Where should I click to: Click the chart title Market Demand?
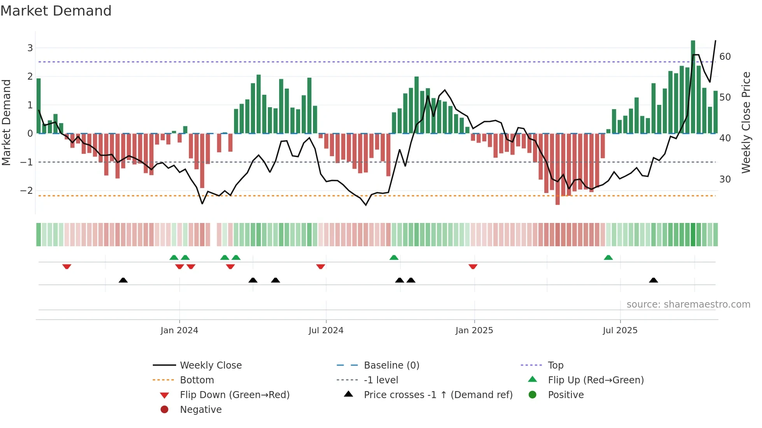point(56,11)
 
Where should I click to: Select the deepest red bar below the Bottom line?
point(558,169)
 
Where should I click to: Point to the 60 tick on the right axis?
point(725,57)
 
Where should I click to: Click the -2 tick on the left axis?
point(26,190)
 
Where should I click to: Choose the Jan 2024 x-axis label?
point(179,331)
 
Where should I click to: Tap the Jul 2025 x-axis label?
point(620,331)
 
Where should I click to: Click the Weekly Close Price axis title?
point(746,122)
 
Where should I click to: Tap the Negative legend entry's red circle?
point(164,409)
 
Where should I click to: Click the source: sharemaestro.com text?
point(688,304)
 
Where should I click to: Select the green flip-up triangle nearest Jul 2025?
point(608,257)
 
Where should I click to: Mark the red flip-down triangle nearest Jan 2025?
point(473,266)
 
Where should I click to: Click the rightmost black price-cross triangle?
point(654,280)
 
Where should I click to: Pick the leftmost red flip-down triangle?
point(67,266)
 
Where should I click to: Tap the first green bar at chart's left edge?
point(38,106)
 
